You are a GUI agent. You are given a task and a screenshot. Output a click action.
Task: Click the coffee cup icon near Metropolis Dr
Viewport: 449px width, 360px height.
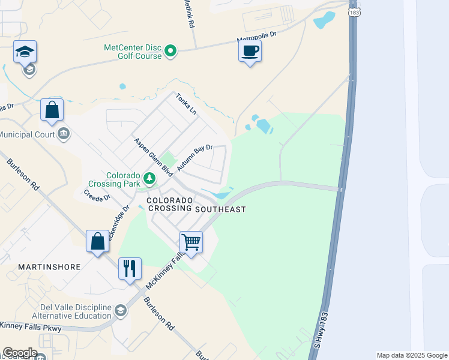pyautogui.click(x=250, y=51)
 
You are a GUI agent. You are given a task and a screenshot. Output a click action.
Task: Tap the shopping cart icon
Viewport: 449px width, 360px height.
pyautogui.click(x=191, y=242)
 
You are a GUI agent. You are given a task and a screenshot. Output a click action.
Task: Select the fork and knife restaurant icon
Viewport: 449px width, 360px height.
pyautogui.click(x=130, y=268)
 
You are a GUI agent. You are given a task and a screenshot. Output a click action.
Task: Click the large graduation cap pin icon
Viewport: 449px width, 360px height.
pyautogui.click(x=25, y=52)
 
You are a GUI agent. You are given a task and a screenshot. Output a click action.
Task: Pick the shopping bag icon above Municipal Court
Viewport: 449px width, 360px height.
pyautogui.click(x=52, y=110)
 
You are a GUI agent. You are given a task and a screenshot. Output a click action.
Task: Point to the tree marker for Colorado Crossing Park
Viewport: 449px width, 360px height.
pyautogui.click(x=149, y=178)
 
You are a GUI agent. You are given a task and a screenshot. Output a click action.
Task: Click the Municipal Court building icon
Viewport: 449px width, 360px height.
pyautogui.click(x=64, y=134)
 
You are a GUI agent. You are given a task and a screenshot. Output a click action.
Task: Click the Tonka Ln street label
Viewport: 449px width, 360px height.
pyautogui.click(x=185, y=104)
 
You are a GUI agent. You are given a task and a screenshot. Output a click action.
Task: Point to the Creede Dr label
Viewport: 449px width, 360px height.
pyautogui.click(x=97, y=196)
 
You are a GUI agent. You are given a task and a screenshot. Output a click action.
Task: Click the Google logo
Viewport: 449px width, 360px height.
pyautogui.click(x=20, y=353)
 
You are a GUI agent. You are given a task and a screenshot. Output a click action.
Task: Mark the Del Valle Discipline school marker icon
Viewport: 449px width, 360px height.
pyautogui.click(x=121, y=310)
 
